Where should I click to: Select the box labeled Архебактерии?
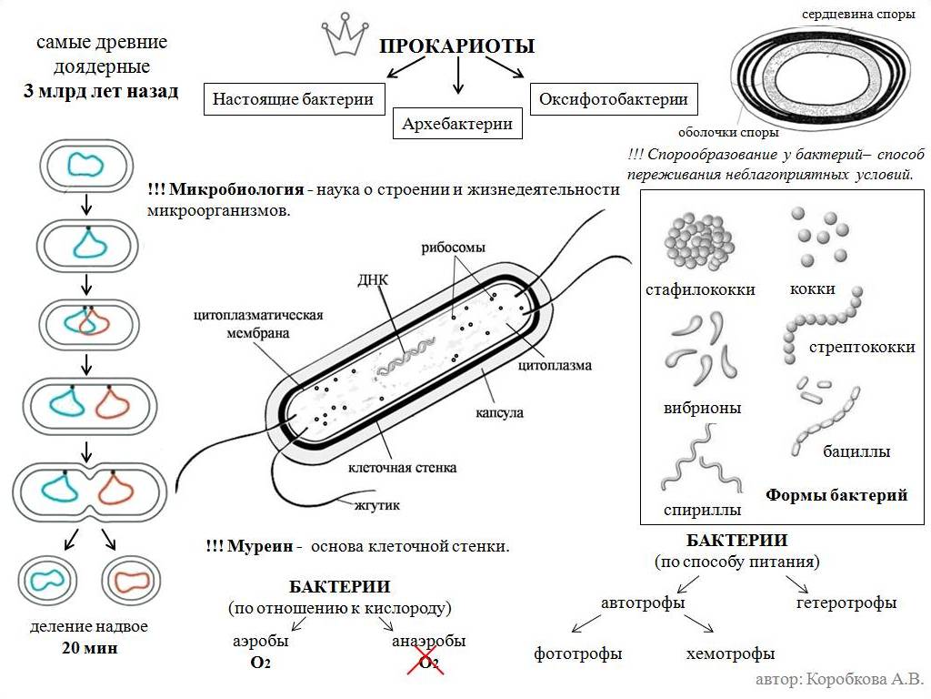pyautogui.click(x=457, y=124)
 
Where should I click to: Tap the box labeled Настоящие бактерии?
pyautogui.click(x=293, y=99)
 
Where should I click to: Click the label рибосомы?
pyautogui.click(x=453, y=248)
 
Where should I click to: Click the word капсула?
pyautogui.click(x=499, y=412)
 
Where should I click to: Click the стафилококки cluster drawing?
pyautogui.click(x=697, y=242)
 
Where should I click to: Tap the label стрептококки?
pyautogui.click(x=862, y=347)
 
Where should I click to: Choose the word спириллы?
pyautogui.click(x=702, y=510)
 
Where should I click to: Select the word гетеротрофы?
pyautogui.click(x=846, y=603)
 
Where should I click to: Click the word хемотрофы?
pyautogui.click(x=730, y=653)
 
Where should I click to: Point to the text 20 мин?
pyautogui.click(x=89, y=648)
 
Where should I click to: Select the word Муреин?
pyautogui.click(x=261, y=546)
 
